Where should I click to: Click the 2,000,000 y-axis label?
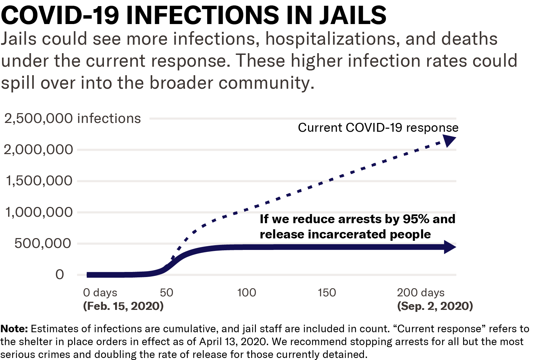tap(38, 149)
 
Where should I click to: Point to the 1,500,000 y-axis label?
tap(39, 181)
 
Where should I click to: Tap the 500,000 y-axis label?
tap(43, 243)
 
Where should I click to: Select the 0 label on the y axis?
tap(60, 274)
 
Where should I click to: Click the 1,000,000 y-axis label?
tap(39, 212)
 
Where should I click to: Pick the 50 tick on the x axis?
tap(166, 293)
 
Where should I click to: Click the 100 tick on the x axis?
tap(246, 293)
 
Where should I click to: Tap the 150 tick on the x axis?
tap(327, 293)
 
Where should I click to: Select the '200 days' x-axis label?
tap(420, 293)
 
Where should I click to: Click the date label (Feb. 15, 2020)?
tap(123, 306)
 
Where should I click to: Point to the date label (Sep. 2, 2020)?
tap(435, 306)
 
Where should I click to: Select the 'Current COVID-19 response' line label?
tap(378, 128)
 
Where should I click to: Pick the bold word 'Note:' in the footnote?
tap(14, 329)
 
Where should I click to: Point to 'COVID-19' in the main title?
tap(60, 15)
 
